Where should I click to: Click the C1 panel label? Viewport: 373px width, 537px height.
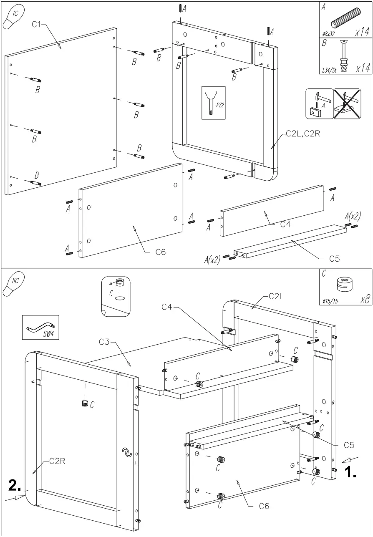tap(36, 25)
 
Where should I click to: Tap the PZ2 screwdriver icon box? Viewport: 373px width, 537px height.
tap(213, 103)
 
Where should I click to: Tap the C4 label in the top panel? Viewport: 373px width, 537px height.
tap(285, 224)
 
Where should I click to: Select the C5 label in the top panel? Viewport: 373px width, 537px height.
tap(334, 259)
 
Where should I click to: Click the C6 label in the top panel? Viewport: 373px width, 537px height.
tap(161, 252)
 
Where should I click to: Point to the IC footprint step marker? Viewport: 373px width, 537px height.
tap(14, 18)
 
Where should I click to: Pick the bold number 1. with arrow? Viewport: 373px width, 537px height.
tap(350, 471)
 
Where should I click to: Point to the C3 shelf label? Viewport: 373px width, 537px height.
tap(104, 342)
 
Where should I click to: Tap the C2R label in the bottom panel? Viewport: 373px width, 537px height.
tap(58, 461)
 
